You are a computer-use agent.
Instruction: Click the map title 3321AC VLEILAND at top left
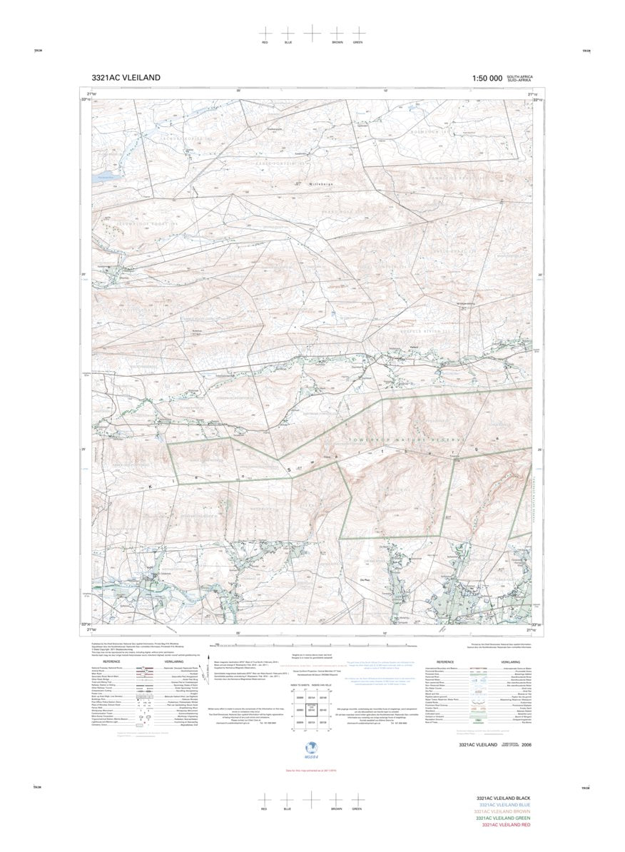tap(126, 78)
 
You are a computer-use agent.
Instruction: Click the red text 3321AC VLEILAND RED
tap(506, 825)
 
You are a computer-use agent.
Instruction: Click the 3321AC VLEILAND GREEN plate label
tap(504, 818)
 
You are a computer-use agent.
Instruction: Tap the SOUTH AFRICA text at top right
tap(519, 76)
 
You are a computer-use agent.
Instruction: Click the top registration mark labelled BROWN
tap(336, 34)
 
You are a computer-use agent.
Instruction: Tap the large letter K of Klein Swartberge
tap(151, 487)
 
